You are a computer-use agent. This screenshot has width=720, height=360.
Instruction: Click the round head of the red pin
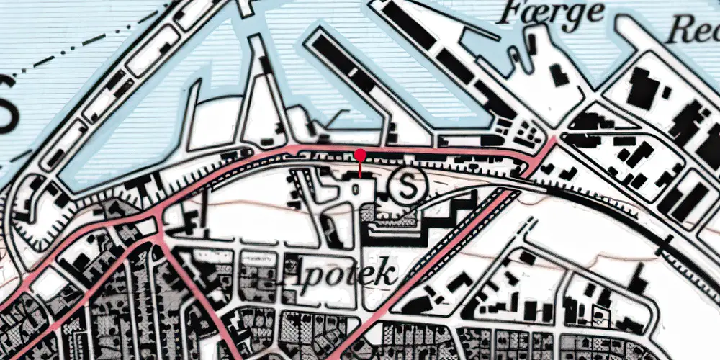tap(360, 154)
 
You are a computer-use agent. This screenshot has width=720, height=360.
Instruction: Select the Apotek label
tap(341, 273)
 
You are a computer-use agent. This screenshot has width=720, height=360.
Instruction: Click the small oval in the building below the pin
tap(357, 189)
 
